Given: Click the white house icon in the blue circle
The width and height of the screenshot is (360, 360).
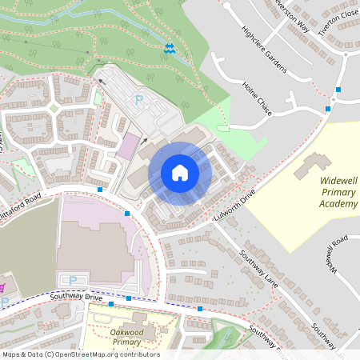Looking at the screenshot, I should [179, 173].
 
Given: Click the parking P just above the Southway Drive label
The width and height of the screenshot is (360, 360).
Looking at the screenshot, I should [74, 280].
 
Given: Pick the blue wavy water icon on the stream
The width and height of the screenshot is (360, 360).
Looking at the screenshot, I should [170, 48].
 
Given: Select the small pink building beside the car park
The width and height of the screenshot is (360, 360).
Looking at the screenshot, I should [126, 146].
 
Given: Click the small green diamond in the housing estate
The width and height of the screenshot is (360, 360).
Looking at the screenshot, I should [54, 107].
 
